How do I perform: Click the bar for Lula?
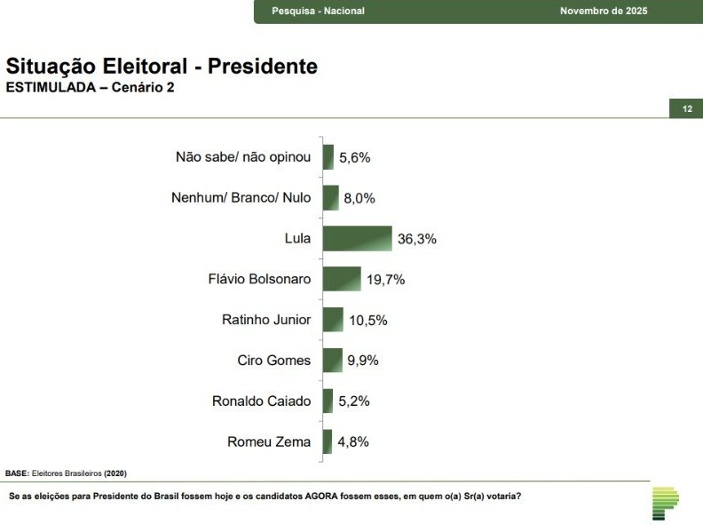[357, 238]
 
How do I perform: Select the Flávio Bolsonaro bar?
[342, 279]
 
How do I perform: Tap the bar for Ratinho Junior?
[333, 320]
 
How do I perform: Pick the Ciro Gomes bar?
[333, 360]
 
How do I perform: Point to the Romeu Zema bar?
[328, 441]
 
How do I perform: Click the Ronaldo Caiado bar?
[328, 401]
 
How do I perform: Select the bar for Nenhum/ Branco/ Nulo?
[330, 197]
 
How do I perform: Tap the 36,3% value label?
[418, 239]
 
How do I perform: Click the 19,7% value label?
[386, 280]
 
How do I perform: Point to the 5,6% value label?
[354, 157]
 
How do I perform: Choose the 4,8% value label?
[352, 441]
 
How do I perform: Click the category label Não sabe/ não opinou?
[243, 157]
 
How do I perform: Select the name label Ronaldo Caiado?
[261, 401]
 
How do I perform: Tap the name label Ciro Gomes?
[274, 360]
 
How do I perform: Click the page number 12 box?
[686, 108]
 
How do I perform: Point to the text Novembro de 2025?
[604, 11]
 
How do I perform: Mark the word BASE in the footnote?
[17, 473]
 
